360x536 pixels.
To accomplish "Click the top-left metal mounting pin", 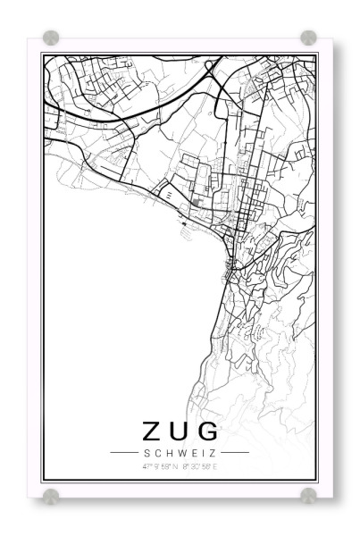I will point(51,38).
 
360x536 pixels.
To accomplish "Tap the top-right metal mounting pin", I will point(308,38).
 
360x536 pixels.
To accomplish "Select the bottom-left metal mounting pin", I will point(51,495).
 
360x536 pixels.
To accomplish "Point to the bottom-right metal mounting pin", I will point(308,495).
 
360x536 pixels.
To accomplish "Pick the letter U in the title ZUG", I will point(178,431).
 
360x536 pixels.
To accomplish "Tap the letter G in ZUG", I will point(207,431).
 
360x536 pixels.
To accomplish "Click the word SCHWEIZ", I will point(179,454).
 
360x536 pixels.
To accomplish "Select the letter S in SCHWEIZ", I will point(146,454).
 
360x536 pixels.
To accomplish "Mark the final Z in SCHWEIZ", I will point(213,454).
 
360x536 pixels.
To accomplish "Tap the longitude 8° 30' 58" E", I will point(198,466).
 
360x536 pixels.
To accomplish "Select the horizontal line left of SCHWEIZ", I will point(122,454).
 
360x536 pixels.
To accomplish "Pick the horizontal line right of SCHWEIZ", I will point(235,454).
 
